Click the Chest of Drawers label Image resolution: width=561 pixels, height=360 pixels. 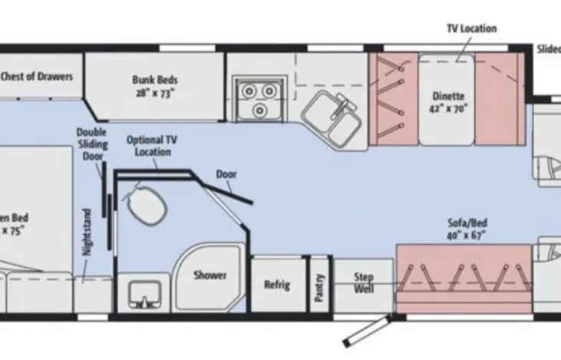coord(37,76)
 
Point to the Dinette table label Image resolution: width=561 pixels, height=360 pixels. coord(449,97)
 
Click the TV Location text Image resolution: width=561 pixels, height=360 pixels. coord(471,28)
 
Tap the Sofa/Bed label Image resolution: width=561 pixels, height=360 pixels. coord(467,223)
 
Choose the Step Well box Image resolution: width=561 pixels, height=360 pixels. coord(364,282)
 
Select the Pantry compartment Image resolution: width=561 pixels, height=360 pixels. coord(318,285)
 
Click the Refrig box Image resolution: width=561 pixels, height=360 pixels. coord(277,285)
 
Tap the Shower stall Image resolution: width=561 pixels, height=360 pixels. coord(210,275)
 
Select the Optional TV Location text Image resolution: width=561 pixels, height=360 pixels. coord(151,145)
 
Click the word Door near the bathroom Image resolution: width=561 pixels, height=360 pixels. coord(226,173)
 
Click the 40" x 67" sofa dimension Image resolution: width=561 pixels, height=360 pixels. coord(467,235)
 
